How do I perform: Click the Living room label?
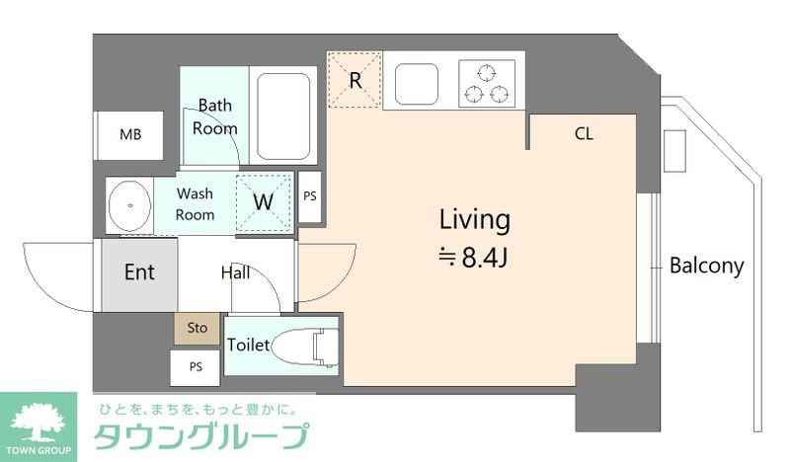474,219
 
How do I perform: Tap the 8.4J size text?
474,259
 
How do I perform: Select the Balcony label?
706,266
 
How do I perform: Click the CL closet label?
584,134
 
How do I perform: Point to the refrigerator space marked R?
355,80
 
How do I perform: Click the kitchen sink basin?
419,81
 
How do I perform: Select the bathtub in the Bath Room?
284,116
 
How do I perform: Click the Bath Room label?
214,116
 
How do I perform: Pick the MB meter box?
129,135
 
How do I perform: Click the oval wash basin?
127,205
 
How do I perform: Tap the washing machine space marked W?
264,202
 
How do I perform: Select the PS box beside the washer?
310,195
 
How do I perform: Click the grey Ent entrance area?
138,273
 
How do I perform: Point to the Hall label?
235,273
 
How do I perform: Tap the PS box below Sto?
196,367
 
